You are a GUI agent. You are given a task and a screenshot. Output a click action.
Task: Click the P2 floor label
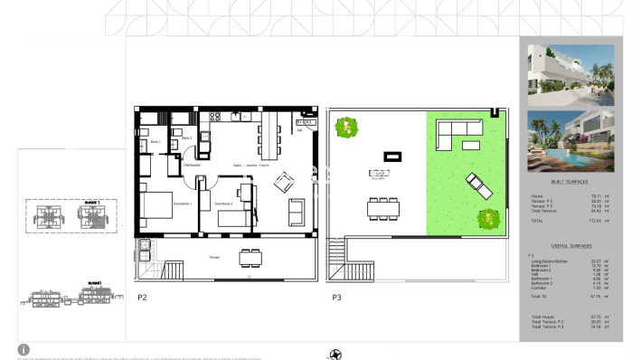[142, 296]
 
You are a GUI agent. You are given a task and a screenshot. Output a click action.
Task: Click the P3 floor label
[336, 296]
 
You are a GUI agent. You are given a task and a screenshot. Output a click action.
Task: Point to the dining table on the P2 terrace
[251, 257]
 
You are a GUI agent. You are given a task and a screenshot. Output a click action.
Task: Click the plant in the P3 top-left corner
[344, 128]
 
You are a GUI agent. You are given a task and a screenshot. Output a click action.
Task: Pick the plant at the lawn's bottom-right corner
[488, 218]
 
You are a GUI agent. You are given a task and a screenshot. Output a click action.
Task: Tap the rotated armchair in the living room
[283, 182]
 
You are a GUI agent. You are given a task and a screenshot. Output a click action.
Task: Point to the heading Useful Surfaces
[570, 245]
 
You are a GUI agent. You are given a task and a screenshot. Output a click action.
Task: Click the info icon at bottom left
[24, 349]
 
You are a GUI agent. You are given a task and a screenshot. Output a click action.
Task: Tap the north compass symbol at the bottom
[337, 353]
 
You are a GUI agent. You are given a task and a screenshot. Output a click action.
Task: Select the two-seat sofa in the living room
[297, 212]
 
